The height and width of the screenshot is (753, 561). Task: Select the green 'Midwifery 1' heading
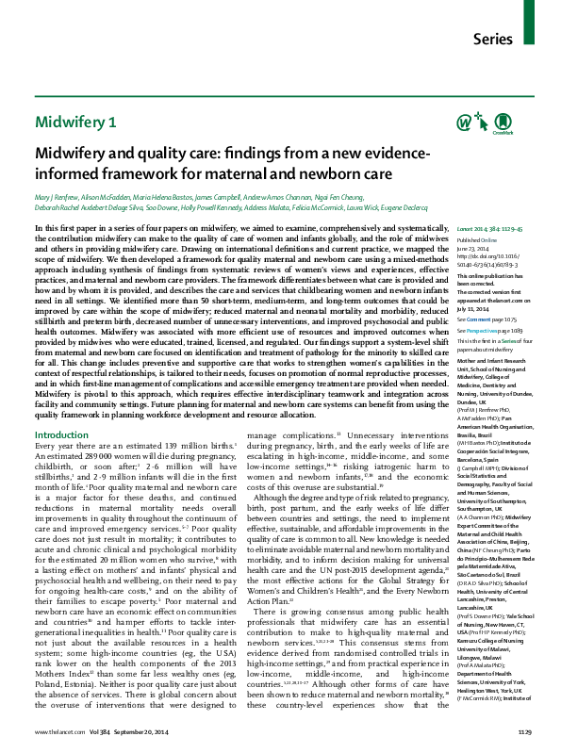point(76,122)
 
